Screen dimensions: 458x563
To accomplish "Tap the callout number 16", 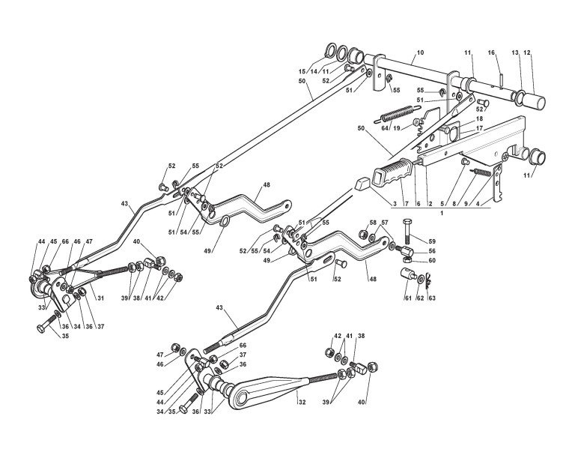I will point(491,52).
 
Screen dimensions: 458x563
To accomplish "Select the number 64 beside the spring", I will point(385,128).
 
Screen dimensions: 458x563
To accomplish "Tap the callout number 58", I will point(371,223).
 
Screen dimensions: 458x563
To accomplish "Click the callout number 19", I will point(397,128).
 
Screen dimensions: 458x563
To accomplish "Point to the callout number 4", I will point(489,202).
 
